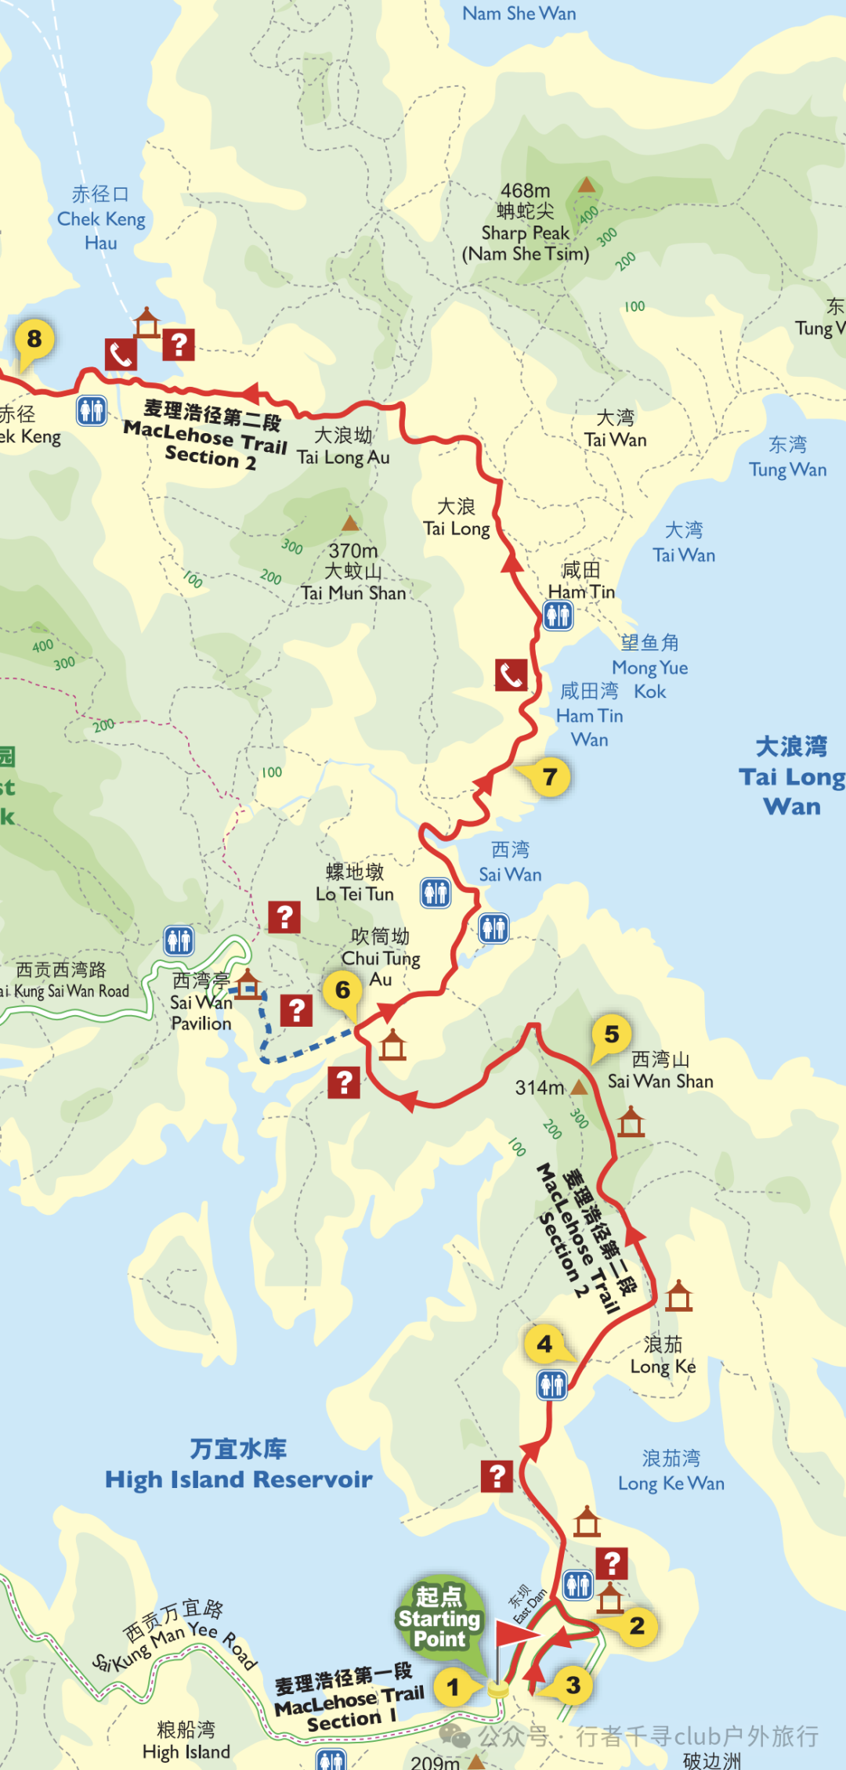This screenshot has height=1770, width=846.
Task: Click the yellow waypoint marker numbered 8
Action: click(34, 339)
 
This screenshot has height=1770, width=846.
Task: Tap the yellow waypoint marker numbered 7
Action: click(550, 777)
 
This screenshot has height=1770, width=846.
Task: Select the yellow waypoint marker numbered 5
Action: click(612, 1035)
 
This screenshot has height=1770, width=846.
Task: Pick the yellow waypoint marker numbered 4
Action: click(544, 1344)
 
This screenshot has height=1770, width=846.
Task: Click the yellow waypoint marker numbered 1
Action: click(453, 1686)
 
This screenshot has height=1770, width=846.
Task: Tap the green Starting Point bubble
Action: click(439, 1617)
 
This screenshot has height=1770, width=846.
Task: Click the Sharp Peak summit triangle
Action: click(586, 186)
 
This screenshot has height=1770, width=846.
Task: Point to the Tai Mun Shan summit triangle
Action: click(350, 523)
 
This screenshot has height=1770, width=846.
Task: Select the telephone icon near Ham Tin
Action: click(511, 674)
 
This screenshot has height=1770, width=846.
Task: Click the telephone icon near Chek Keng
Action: click(121, 355)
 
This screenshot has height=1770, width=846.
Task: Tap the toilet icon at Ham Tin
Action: click(558, 616)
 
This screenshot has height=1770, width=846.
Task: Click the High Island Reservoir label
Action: click(239, 1465)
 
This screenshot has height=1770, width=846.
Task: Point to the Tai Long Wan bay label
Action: click(791, 776)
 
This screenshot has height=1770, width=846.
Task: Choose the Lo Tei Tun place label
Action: click(355, 883)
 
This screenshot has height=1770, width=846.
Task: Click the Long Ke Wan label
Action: click(671, 1470)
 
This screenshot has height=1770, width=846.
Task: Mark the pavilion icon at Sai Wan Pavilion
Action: click(248, 984)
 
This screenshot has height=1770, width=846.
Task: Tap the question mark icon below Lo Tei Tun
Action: click(284, 916)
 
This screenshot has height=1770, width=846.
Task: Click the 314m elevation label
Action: click(540, 1088)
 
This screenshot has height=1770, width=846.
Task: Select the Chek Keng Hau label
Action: click(101, 219)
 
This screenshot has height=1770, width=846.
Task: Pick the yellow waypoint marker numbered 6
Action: click(342, 990)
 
